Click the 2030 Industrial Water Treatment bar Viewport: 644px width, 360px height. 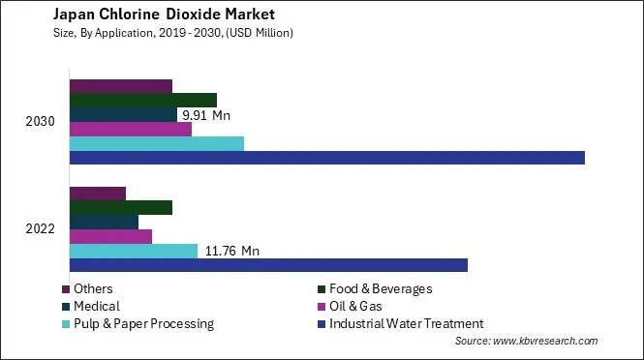[x=327, y=158]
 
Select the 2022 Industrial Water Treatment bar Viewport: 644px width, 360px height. [x=268, y=265]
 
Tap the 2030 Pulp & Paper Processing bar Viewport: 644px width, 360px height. [x=157, y=143]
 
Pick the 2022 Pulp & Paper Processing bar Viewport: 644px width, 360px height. [x=134, y=251]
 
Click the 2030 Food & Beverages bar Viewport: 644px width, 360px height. [x=143, y=100]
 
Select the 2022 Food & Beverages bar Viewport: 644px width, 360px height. [x=121, y=207]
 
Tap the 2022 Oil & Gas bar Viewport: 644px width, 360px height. [x=110, y=236]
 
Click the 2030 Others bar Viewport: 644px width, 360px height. [x=121, y=85]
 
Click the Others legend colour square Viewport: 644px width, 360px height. [x=66, y=289]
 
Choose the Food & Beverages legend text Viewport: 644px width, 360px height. [x=381, y=289]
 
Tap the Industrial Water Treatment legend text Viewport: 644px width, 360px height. [x=406, y=324]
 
